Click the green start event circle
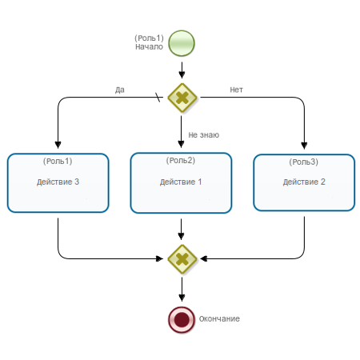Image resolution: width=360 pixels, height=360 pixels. pyautogui.click(x=182, y=43)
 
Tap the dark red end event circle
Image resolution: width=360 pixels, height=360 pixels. pyautogui.click(x=182, y=319)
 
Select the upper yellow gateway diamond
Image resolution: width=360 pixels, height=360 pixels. pyautogui.click(x=182, y=98)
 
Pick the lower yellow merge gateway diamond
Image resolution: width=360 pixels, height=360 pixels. pyautogui.click(x=182, y=259)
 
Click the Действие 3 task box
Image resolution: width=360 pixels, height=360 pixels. pyautogui.click(x=58, y=183)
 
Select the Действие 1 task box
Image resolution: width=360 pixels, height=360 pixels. pyautogui.click(x=181, y=183)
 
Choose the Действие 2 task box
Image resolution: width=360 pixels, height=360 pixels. pyautogui.click(x=304, y=182)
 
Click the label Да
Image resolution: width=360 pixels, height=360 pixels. pyautogui.click(x=120, y=90)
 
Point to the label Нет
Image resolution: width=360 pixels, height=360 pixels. pyautogui.click(x=236, y=90)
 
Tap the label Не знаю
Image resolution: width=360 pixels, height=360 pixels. pyautogui.click(x=204, y=135)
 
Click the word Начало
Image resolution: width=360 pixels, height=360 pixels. pyautogui.click(x=149, y=47)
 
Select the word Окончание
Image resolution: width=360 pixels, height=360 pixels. pyautogui.click(x=219, y=318)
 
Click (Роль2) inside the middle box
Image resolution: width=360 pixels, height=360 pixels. pyautogui.click(x=181, y=160)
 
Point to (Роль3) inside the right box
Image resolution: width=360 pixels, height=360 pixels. pyautogui.click(x=304, y=162)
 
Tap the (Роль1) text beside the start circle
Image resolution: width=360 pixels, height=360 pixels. pyautogui.click(x=149, y=38)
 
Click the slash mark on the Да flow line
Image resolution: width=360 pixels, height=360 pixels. pyautogui.click(x=158, y=98)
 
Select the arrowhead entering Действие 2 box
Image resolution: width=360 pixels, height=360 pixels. pyautogui.click(x=304, y=146)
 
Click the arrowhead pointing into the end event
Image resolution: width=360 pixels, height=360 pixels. pyautogui.click(x=182, y=298)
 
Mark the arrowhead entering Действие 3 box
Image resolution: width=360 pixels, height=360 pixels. pyautogui.click(x=58, y=145)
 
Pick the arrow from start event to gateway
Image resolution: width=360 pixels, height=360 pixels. pyautogui.click(x=182, y=70)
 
